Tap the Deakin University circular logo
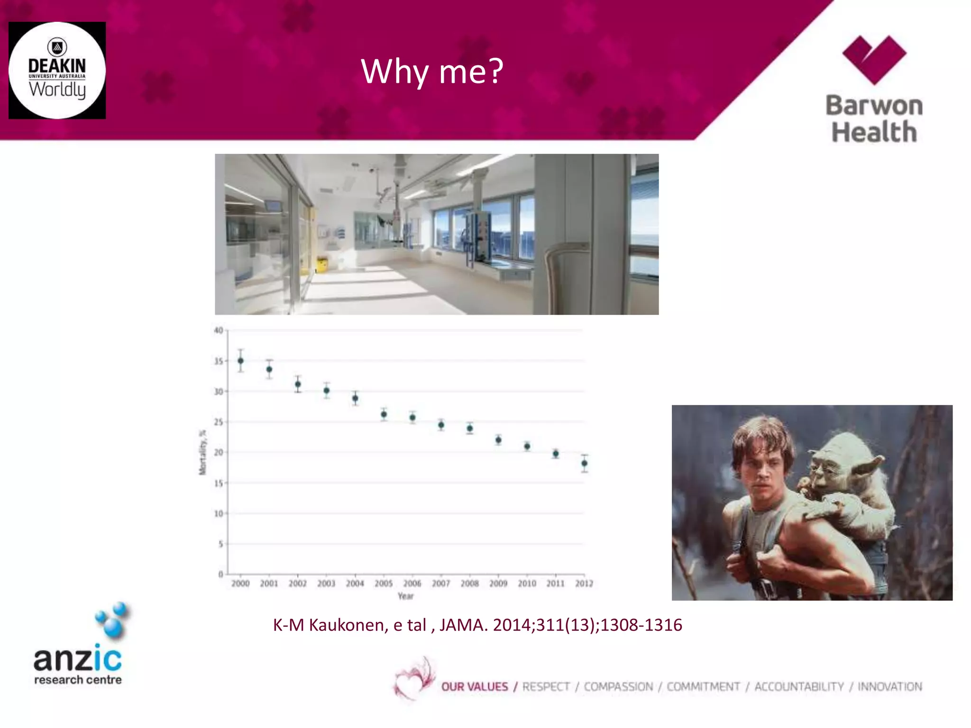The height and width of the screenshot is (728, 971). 57,70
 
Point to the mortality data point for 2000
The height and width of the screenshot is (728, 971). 241,361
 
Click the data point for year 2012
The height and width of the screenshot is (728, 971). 585,464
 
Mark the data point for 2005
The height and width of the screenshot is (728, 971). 384,414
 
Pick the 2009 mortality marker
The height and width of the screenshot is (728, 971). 498,440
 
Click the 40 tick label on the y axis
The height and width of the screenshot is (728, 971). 219,330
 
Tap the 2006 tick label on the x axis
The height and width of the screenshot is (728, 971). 412,583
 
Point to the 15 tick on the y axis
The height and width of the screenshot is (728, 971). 219,483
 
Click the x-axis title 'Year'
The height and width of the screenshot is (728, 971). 405,596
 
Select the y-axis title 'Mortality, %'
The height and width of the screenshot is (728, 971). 203,452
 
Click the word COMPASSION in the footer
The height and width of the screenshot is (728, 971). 618,687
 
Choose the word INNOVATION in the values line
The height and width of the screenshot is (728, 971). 889,687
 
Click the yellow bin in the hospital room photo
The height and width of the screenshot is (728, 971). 322,264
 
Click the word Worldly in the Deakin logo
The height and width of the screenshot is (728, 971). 57,89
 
